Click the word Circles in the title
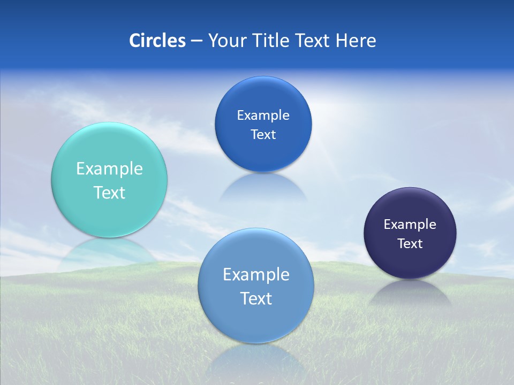[x=157, y=41]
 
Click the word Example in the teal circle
[x=109, y=169]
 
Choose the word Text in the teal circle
[x=109, y=192]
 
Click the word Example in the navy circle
[x=410, y=225]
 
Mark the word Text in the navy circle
[x=410, y=244]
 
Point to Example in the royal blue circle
[x=263, y=115]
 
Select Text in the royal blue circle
[x=263, y=135]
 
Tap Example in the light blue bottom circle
[x=256, y=275]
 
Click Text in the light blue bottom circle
[x=256, y=298]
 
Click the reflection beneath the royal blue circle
[x=263, y=187]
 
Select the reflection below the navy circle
[x=410, y=291]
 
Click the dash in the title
[x=196, y=41]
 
